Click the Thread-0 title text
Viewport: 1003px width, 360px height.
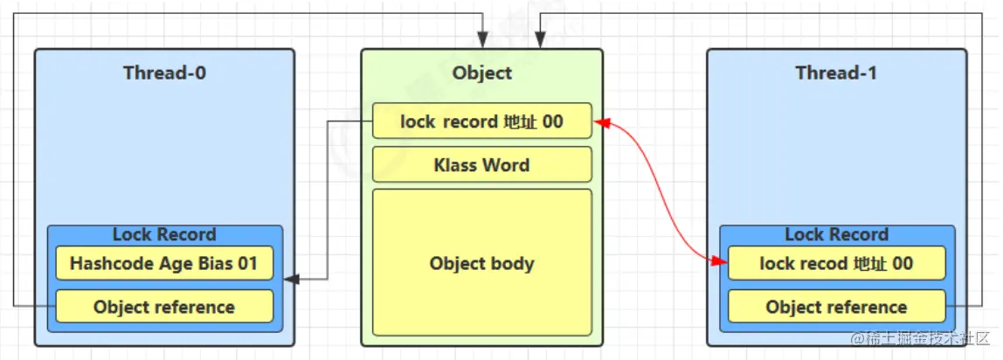click(164, 73)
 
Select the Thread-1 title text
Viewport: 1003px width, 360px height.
click(836, 73)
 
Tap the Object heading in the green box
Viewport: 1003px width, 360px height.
click(481, 73)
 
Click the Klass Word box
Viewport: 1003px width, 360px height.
click(481, 164)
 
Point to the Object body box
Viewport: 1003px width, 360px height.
click(481, 262)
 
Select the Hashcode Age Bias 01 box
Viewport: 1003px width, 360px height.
click(164, 263)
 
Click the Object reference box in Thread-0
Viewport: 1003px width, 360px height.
click(164, 307)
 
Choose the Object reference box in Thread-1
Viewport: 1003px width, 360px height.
click(836, 307)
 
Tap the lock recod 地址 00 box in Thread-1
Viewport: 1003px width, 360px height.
click(836, 263)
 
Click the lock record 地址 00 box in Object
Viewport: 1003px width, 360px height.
click(481, 121)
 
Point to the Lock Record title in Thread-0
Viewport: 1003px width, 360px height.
click(164, 234)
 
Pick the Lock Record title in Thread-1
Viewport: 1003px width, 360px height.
click(836, 234)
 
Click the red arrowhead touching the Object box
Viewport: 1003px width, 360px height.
click(600, 122)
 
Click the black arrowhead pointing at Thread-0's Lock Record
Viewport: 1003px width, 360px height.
click(290, 280)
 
